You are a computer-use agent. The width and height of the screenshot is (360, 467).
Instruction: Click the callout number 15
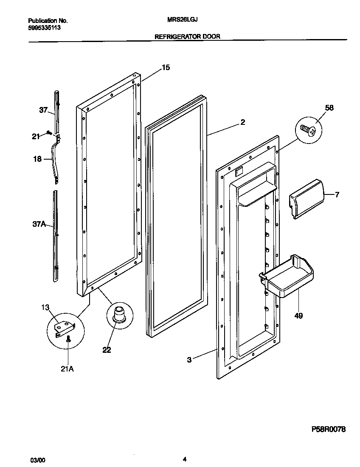pyautogui.click(x=166, y=68)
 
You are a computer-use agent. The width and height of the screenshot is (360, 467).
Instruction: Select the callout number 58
pyautogui.click(x=329, y=108)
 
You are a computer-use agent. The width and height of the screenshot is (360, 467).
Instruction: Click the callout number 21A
pyautogui.click(x=67, y=369)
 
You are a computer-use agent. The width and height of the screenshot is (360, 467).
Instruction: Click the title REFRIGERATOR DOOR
pyautogui.click(x=187, y=37)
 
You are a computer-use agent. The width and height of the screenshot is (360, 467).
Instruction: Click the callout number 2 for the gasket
pyautogui.click(x=242, y=122)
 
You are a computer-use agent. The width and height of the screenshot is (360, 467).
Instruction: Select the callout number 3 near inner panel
pyautogui.click(x=189, y=360)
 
